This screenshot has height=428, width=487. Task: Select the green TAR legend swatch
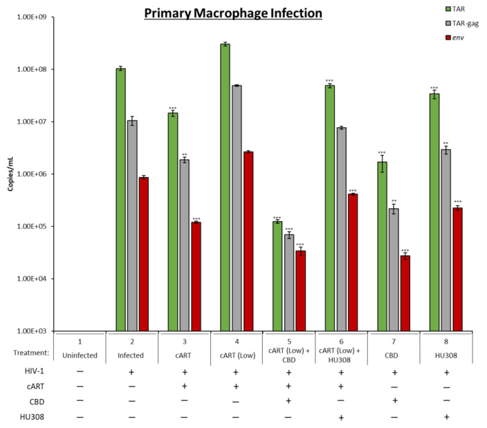coord(432,9)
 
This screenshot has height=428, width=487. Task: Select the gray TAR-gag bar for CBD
coord(393,270)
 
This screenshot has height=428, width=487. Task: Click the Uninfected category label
coord(80,357)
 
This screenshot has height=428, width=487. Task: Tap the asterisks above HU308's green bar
coord(434,88)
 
